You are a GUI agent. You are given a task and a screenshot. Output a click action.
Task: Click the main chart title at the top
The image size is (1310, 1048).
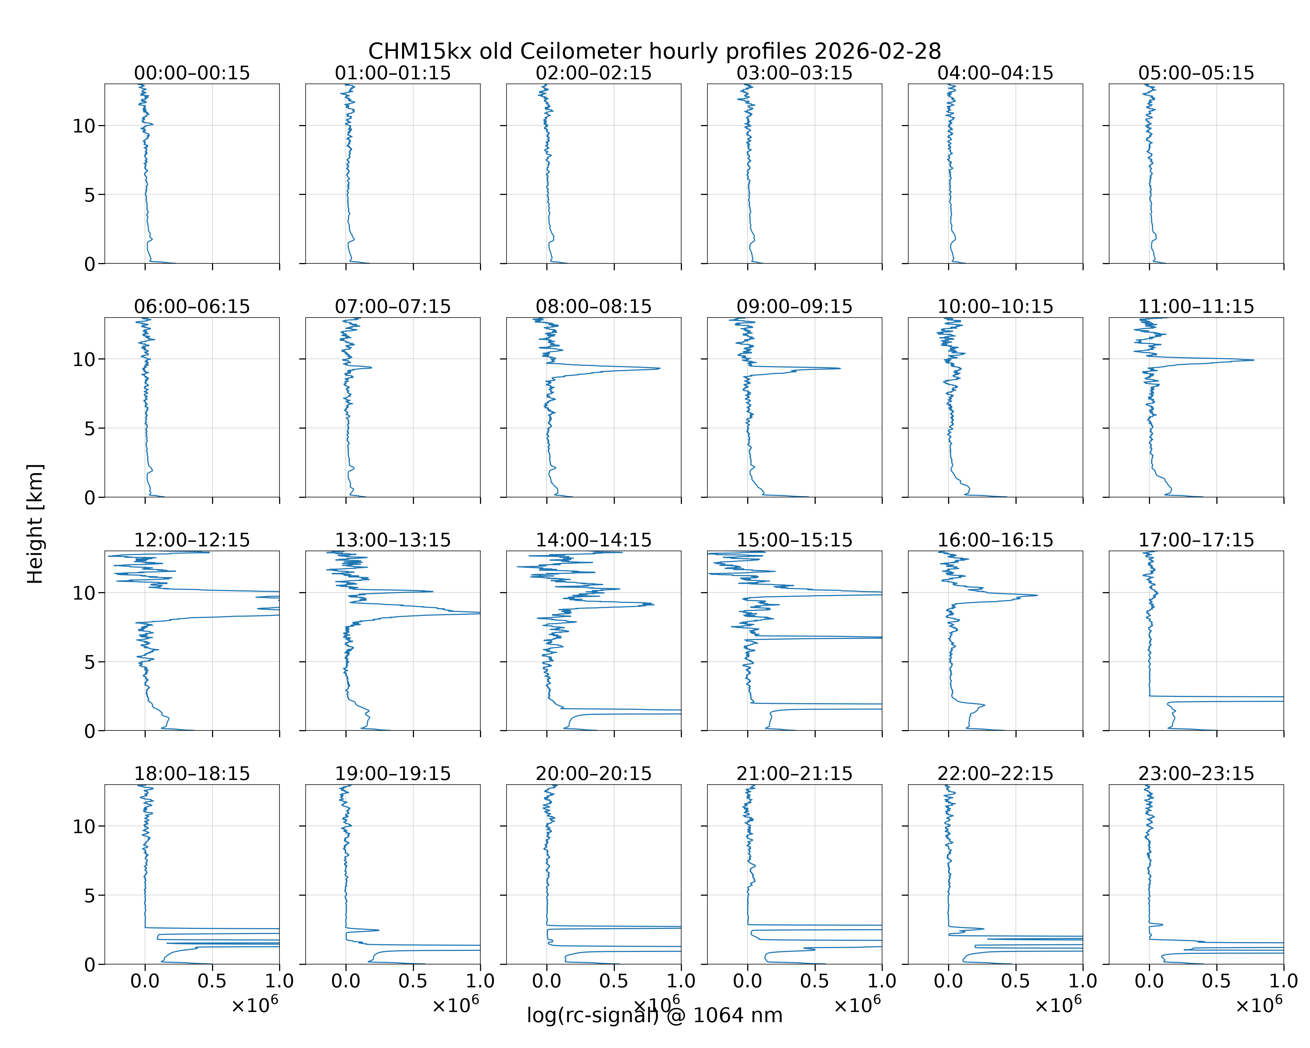654,51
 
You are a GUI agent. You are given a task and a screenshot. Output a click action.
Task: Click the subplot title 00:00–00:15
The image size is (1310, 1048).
192,73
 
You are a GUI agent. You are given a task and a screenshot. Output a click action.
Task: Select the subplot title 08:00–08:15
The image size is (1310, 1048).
594,306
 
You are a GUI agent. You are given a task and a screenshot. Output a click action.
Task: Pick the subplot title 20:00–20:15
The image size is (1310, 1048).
594,773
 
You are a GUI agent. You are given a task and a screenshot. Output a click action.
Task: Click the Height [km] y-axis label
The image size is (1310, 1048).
35,524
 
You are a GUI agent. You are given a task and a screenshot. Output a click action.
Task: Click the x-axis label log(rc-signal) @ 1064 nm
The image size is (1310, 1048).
654,1015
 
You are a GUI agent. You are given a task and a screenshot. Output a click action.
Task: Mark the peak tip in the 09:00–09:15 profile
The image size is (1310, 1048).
840,368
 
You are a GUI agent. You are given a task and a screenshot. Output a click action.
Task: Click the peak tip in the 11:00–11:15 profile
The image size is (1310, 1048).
1253,360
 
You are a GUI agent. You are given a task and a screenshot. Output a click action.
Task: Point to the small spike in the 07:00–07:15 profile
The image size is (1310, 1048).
371,367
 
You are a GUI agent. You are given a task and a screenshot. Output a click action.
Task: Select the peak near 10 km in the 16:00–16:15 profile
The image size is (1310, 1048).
1036,595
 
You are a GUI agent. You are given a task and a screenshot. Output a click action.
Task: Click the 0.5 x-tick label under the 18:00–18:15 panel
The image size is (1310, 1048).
212,981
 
